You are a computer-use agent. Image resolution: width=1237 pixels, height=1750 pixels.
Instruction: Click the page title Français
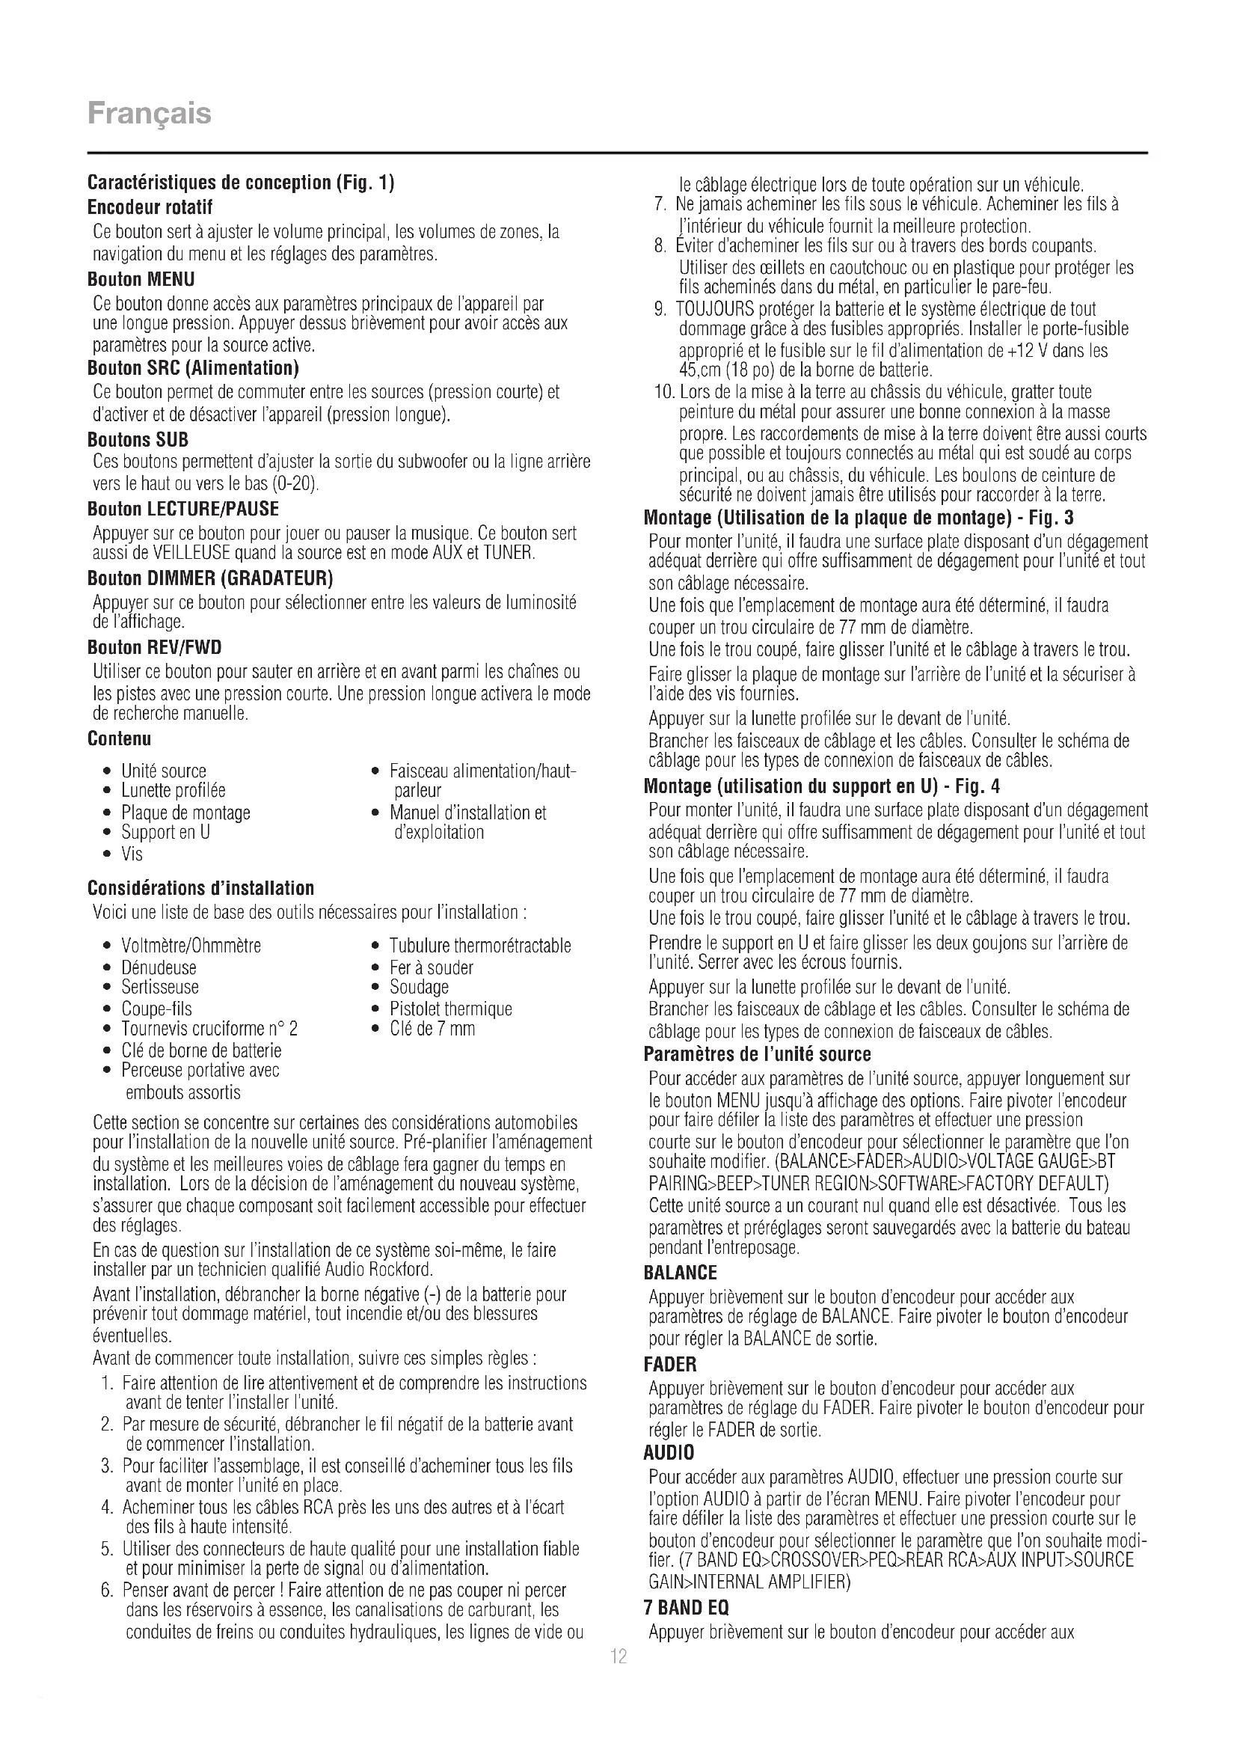[x=150, y=114]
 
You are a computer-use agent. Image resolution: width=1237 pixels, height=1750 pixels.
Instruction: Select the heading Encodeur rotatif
[x=150, y=207]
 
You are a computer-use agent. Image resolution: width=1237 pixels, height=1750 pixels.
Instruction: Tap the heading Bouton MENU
[x=141, y=279]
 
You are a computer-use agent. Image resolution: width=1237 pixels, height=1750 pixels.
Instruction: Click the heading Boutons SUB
[x=138, y=440]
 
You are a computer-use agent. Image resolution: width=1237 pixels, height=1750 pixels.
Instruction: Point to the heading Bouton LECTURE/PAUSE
[x=182, y=510]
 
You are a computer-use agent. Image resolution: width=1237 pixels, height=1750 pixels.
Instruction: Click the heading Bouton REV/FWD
[x=155, y=648]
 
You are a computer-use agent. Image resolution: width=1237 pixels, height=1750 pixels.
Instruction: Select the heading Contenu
[x=120, y=738]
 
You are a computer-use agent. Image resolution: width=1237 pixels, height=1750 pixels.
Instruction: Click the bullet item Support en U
[x=165, y=832]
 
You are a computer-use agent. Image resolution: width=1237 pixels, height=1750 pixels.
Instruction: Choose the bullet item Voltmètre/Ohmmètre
[x=191, y=946]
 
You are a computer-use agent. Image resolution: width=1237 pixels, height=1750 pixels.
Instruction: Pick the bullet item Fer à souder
[x=431, y=968]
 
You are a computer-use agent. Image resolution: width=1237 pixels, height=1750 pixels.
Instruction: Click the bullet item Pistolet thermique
[x=450, y=1009]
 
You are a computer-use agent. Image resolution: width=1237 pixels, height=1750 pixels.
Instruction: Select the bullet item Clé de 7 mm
[x=432, y=1029]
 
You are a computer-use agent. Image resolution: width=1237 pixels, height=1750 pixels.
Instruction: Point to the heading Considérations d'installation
[x=201, y=888]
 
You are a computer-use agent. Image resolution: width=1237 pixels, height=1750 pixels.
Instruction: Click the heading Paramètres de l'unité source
[x=757, y=1055]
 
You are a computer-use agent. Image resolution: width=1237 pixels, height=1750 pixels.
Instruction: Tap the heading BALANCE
[x=680, y=1273]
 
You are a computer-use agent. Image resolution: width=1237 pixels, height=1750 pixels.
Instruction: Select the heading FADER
[x=670, y=1365]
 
